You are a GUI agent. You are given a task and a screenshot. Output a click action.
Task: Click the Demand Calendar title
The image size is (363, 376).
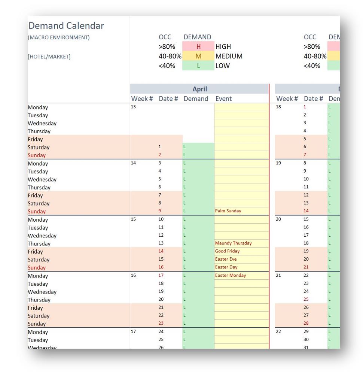click(x=66, y=26)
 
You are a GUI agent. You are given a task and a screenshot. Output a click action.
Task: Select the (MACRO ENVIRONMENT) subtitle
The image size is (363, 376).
click(x=59, y=37)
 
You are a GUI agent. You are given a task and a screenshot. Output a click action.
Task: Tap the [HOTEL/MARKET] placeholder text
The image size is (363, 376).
click(x=49, y=57)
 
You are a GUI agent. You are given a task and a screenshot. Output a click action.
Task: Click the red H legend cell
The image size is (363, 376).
click(x=198, y=46)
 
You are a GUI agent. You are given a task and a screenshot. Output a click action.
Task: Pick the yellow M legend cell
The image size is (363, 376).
click(x=198, y=56)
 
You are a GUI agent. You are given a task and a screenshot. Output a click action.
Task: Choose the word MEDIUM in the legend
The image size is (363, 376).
click(x=229, y=56)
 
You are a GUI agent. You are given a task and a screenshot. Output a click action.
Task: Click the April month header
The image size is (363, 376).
click(x=199, y=89)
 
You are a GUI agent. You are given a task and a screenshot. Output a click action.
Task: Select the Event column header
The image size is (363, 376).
click(x=223, y=99)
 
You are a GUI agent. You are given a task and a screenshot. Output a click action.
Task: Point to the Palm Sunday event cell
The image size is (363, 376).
click(x=241, y=211)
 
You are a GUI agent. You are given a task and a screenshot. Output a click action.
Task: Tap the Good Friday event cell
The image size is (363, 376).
click(x=241, y=251)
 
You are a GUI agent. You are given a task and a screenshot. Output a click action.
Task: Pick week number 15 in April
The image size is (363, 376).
click(x=133, y=219)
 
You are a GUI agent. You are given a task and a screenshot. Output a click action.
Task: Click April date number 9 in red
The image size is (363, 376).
click(x=159, y=211)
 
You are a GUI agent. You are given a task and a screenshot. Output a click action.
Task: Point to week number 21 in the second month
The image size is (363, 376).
click(x=278, y=275)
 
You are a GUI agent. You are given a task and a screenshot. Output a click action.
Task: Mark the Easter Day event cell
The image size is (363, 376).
click(x=241, y=267)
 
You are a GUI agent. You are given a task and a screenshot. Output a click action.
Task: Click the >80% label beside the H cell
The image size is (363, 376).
click(x=167, y=46)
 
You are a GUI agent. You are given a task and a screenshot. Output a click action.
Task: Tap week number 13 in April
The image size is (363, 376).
click(x=133, y=107)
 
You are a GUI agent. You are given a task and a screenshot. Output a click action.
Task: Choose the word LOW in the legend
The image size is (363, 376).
click(x=222, y=66)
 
